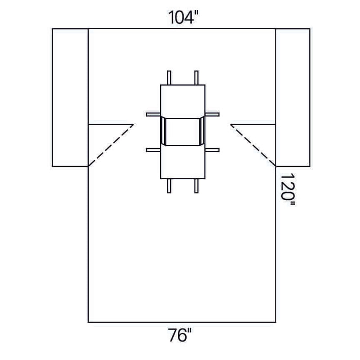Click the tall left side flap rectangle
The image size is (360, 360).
tap(70, 97)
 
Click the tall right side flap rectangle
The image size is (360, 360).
tap(292, 97)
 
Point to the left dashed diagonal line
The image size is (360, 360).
tap(111, 145)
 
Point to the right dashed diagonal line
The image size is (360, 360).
tap(253, 145)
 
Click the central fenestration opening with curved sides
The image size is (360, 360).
tap(183, 131)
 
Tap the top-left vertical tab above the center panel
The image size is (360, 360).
tap(169, 77)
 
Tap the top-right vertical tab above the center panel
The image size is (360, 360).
tap(196, 77)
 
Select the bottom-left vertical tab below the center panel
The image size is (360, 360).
tap(169, 185)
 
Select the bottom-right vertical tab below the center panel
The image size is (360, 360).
tap(196, 185)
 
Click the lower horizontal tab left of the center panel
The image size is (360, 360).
tap(153, 148)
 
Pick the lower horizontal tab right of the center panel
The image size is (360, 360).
tap(212, 148)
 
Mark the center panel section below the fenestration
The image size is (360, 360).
tap(183, 162)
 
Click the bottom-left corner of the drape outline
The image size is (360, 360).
tap(88, 322)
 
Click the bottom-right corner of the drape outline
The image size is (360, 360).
tap(275, 322)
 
